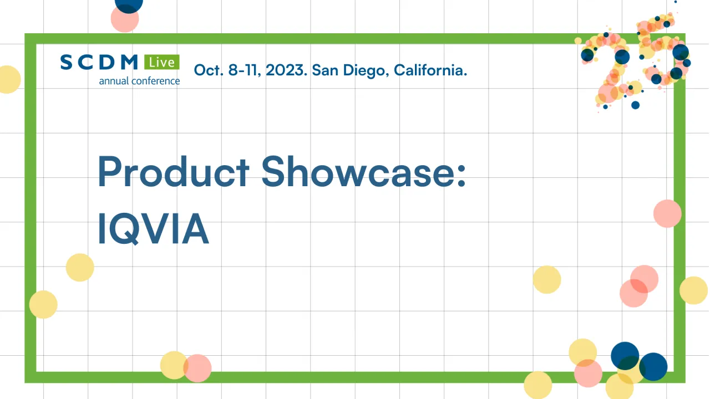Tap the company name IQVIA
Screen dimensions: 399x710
(x=153, y=229)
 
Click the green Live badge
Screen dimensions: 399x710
(x=161, y=62)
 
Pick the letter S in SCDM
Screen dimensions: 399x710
(x=67, y=63)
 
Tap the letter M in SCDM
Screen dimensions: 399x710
(x=129, y=63)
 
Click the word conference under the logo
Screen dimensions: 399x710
(x=155, y=81)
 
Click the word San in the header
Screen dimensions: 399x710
(x=323, y=70)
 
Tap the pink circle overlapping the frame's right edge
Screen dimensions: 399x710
(x=667, y=213)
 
